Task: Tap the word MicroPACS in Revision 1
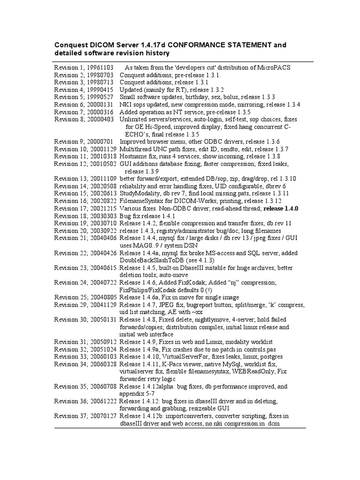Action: [274, 67]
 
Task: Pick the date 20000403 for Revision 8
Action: [100, 120]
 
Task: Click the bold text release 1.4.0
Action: [281, 209]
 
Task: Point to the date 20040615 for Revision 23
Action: [102, 268]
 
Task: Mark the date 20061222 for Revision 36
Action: [102, 401]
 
